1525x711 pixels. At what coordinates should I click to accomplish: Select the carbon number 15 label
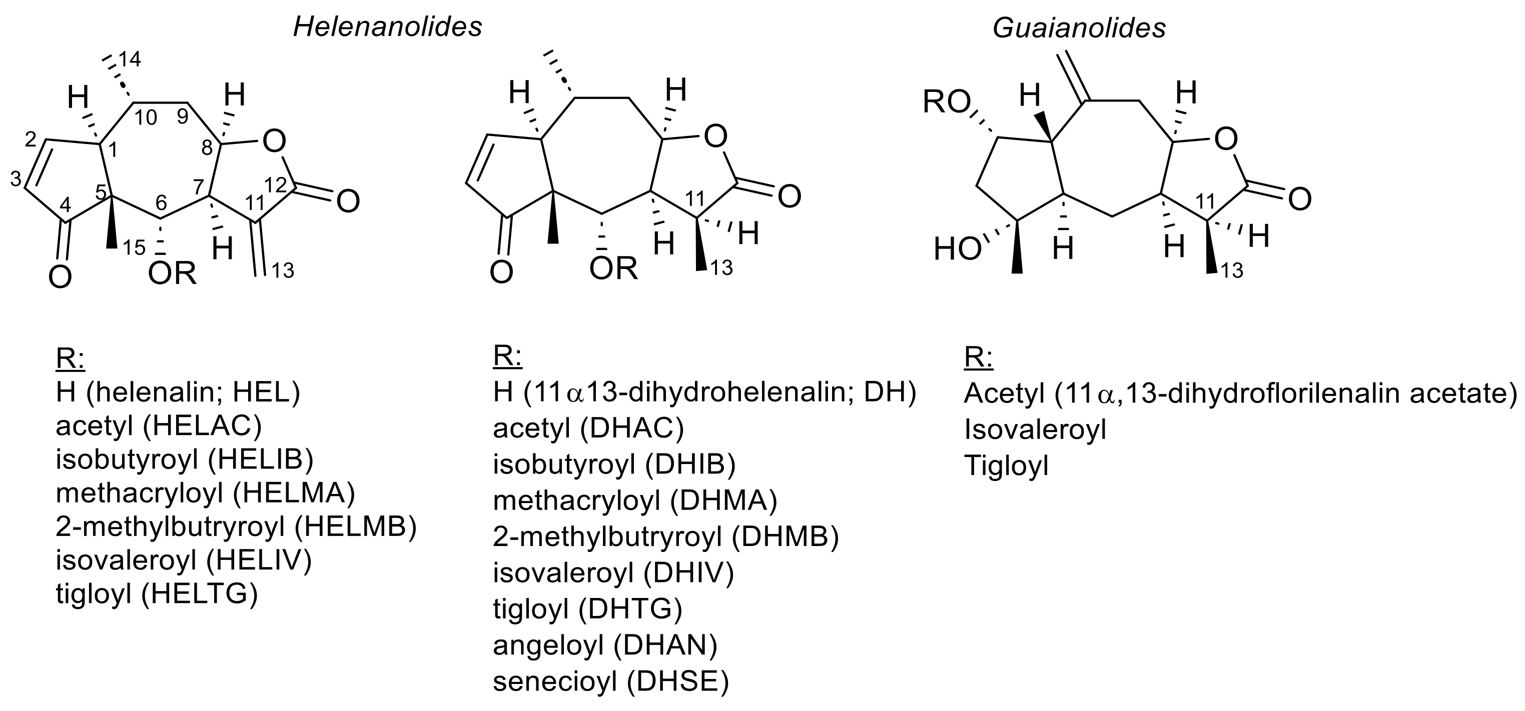pos(135,248)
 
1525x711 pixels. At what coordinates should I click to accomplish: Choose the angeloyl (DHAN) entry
pos(605,645)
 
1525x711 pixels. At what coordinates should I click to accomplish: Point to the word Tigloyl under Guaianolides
pos(1006,465)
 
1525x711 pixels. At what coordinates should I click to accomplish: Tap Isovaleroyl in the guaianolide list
pos(1035,429)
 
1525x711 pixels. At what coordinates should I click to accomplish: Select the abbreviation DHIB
pos(690,465)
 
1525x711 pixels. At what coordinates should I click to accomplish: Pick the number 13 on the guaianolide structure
pos(1232,271)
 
